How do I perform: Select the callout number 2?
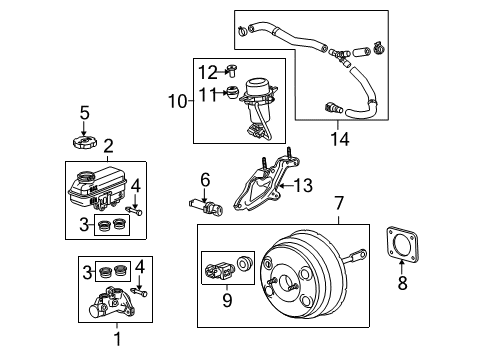coord(107,147)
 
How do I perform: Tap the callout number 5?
coord(85,111)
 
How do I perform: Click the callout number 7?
coord(340,202)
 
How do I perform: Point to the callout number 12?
coord(206,70)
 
